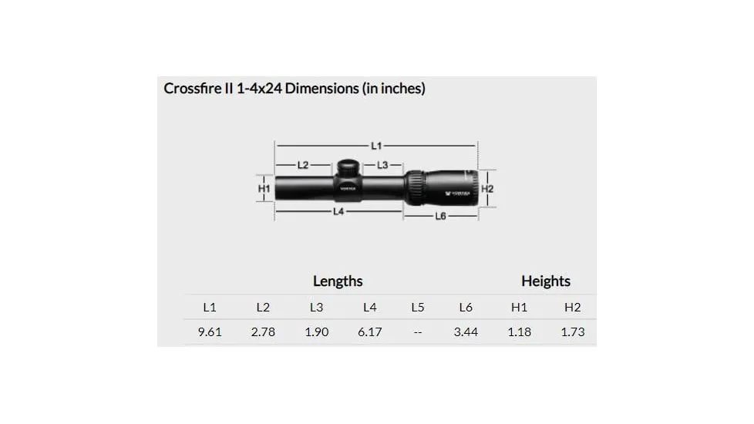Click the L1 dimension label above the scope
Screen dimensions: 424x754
[x=376, y=145]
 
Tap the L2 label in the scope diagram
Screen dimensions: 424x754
[x=302, y=165]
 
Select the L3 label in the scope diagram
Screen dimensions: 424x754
[x=383, y=165]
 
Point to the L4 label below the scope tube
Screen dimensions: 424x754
[x=338, y=211]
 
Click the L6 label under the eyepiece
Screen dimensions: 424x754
[x=440, y=216]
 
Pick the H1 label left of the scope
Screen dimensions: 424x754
[x=264, y=188]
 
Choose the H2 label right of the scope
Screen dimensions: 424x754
[x=487, y=188]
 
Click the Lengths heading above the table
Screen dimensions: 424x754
[x=338, y=281]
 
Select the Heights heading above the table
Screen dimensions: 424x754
[x=545, y=281]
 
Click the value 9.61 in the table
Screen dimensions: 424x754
[x=210, y=332]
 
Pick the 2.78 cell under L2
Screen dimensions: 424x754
[x=263, y=332]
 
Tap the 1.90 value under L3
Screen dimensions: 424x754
[x=316, y=332]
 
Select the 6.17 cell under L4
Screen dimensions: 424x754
[x=369, y=332]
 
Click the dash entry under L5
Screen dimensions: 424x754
[x=417, y=332]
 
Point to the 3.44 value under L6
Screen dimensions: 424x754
[x=466, y=332]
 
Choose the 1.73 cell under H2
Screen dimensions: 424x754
[x=572, y=332]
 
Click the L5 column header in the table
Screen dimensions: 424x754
[x=417, y=307]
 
